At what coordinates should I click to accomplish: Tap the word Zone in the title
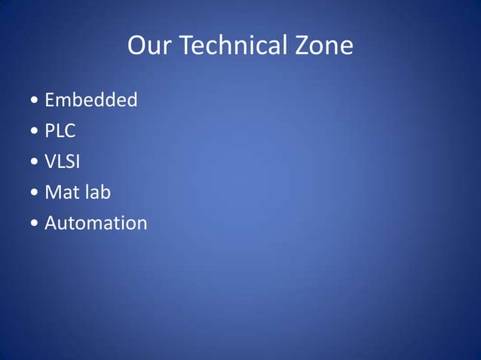324,47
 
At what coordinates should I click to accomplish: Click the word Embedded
90,99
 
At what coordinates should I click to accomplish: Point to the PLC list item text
60,130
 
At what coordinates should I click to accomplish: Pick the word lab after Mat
97,192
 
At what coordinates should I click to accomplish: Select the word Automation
96,223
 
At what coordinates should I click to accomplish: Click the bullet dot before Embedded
35,100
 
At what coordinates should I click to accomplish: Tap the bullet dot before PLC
35,131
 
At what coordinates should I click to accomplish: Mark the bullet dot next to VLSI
35,162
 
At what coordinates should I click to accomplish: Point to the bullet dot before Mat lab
35,193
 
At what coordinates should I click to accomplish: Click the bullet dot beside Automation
35,224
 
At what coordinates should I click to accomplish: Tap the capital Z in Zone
303,47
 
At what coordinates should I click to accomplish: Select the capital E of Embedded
50,99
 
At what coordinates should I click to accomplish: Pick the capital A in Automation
51,223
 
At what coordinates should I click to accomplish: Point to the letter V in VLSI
51,161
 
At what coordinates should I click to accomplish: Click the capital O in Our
137,47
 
